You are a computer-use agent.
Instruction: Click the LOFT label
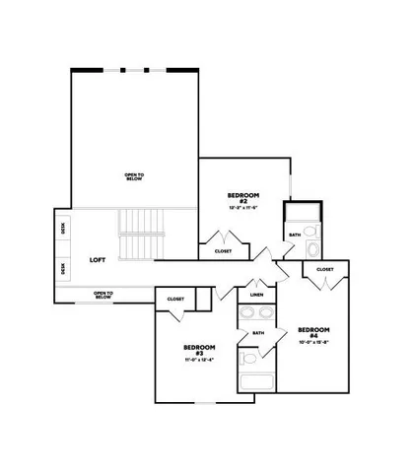(98, 260)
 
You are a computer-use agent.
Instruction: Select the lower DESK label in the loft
(63, 267)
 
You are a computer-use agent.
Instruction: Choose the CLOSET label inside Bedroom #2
(224, 251)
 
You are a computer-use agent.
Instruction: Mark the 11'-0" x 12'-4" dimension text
(199, 360)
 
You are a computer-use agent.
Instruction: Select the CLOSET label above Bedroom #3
(175, 299)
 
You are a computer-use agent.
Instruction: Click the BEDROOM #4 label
(313, 331)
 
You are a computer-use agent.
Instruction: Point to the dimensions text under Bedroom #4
(313, 342)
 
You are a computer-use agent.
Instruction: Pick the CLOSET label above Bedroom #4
(324, 269)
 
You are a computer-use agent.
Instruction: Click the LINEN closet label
(256, 295)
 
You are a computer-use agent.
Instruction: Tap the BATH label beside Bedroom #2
(295, 235)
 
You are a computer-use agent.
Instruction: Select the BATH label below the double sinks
(258, 333)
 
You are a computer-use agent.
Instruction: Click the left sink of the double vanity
(248, 314)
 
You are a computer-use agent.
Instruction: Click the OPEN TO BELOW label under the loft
(104, 293)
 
